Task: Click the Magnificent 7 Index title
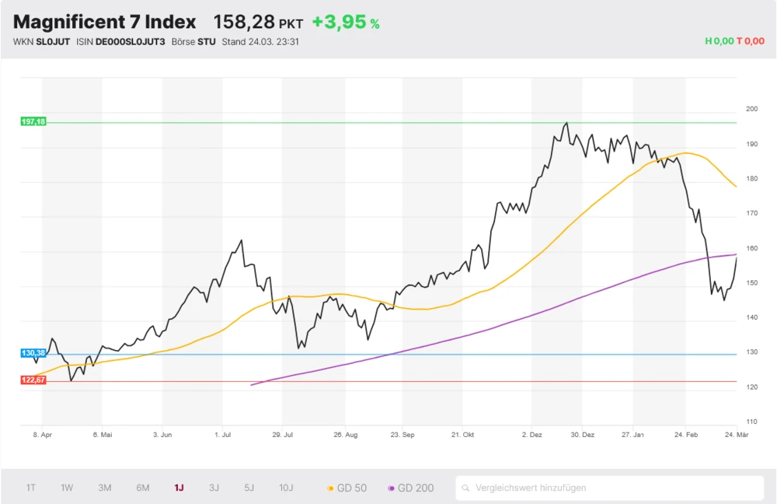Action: pos(104,22)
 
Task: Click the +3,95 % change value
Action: pos(346,22)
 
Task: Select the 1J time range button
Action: pos(179,488)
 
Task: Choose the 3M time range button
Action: pos(105,488)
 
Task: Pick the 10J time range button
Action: pos(287,488)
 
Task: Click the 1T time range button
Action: pos(31,488)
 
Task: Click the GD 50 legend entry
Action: pos(347,488)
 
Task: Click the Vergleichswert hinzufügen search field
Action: pos(609,488)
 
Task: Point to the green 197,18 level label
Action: pos(33,122)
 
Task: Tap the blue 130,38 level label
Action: pos(33,353)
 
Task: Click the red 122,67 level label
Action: pos(33,380)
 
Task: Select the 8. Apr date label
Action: pos(42,436)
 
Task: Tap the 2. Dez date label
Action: pos(532,436)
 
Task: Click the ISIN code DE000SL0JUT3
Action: pos(131,41)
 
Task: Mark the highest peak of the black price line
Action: pos(566,123)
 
